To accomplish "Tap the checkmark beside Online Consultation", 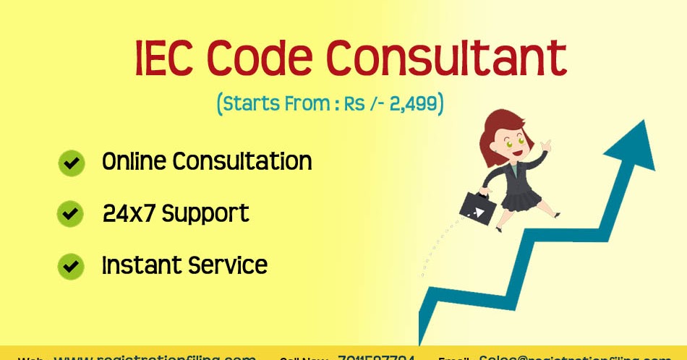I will tap(71, 163).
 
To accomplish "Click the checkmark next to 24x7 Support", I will tap(71, 214).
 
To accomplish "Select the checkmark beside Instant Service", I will tap(71, 266).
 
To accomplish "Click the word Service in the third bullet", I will tap(228, 265).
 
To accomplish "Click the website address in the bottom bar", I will tap(155, 356).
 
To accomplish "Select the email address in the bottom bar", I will tap(575, 356).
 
